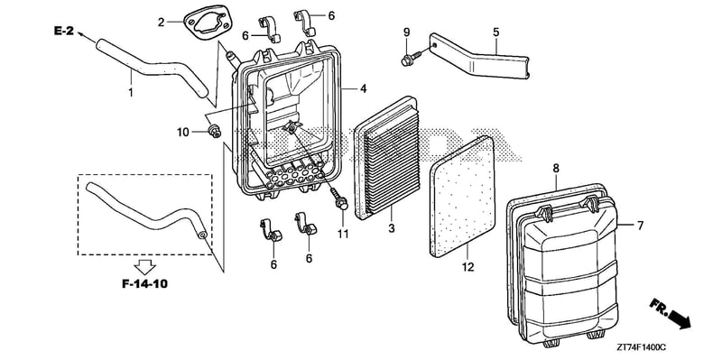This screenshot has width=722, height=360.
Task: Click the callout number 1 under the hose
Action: (131, 93)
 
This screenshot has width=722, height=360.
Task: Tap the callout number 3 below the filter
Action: (392, 228)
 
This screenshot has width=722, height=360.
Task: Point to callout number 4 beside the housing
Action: (364, 88)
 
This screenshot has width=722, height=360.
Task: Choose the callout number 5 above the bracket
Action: (495, 32)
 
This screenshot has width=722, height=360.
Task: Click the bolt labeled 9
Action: (410, 59)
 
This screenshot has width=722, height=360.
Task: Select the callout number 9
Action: (406, 32)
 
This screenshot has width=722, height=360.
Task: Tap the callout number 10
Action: (183, 133)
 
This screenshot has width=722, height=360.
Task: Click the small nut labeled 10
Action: (214, 131)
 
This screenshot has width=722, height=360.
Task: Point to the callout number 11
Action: (343, 235)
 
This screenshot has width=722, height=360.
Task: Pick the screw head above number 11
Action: (341, 203)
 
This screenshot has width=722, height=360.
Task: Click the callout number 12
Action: (467, 266)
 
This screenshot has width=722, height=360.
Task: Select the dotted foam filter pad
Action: (462, 197)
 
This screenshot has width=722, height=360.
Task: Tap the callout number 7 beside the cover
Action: (640, 226)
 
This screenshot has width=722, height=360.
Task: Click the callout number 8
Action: (556, 169)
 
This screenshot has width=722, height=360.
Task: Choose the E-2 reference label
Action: (64, 32)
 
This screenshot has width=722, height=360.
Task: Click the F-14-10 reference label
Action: (145, 284)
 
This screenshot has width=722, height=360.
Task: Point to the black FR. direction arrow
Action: (678, 318)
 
